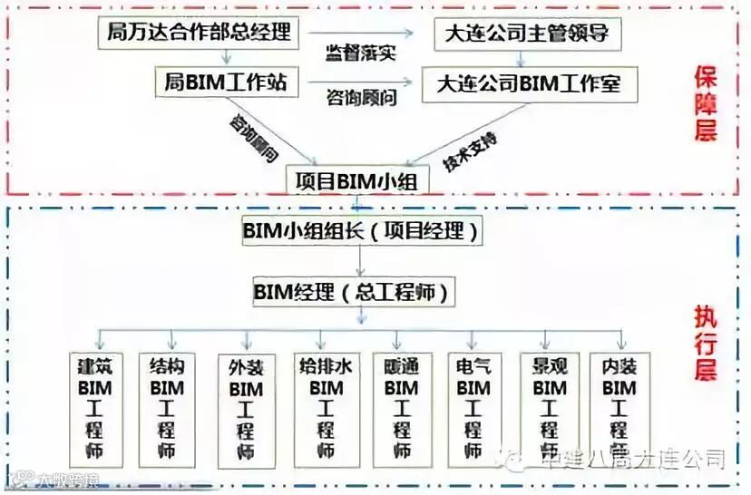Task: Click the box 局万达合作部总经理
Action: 199,34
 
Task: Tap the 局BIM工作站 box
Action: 225,82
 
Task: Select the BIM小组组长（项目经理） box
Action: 360,230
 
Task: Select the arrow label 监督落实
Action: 361,52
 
